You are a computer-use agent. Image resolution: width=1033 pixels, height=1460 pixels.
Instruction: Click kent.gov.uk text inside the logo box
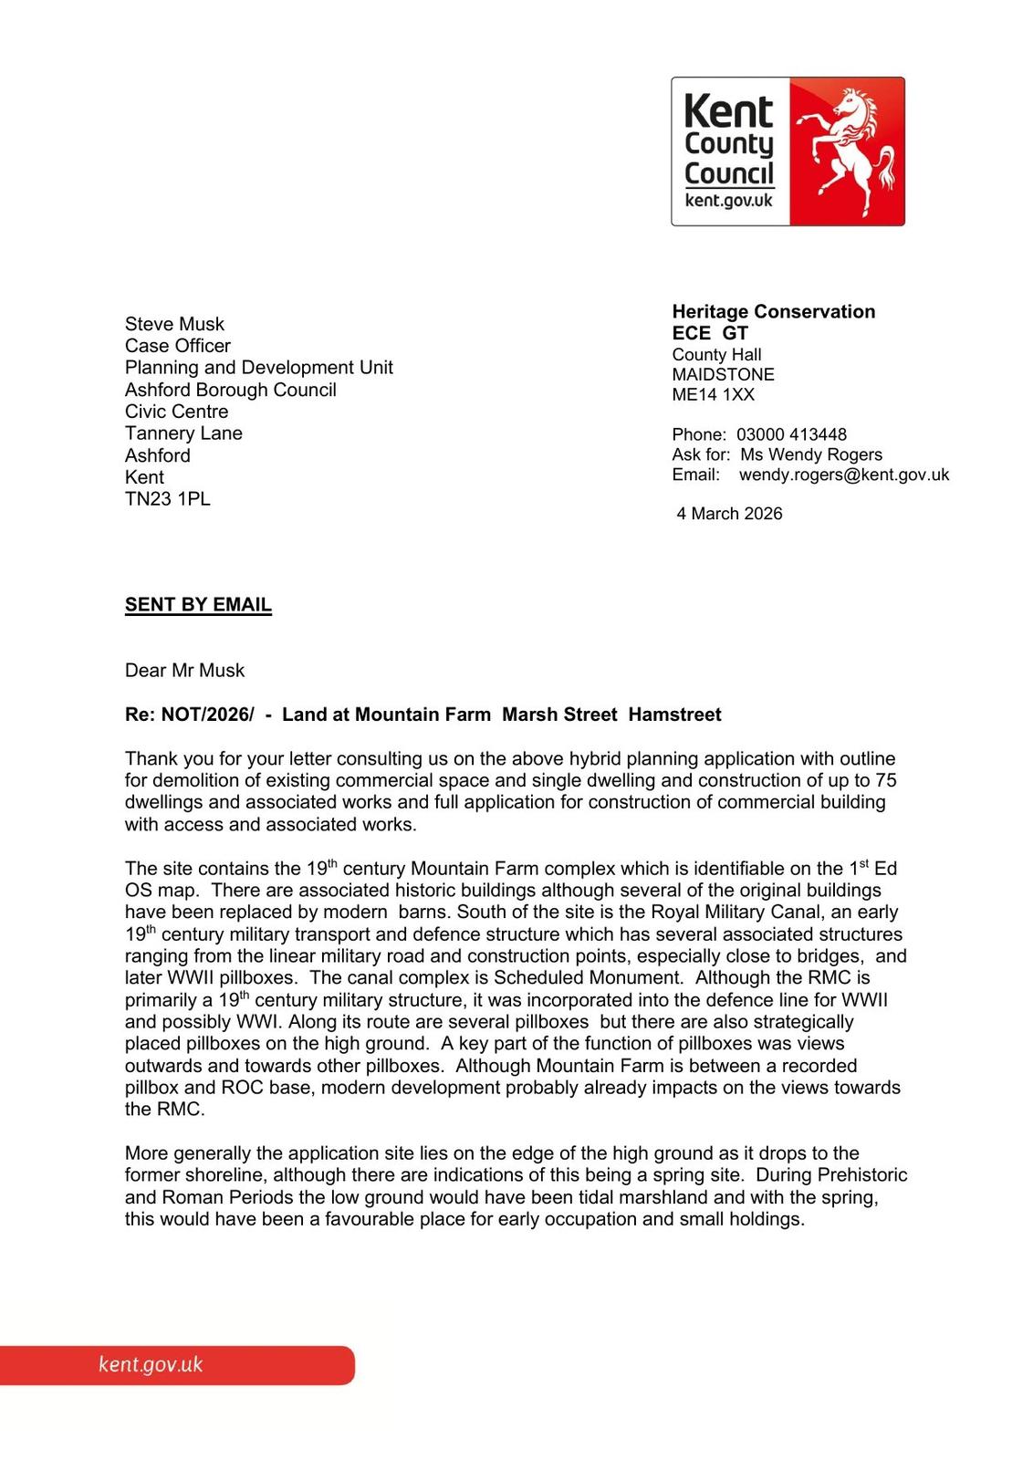click(728, 201)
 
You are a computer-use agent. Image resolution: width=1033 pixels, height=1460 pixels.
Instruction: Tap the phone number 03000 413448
click(791, 434)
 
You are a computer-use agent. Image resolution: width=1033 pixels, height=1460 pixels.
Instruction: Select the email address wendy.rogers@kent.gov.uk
click(844, 474)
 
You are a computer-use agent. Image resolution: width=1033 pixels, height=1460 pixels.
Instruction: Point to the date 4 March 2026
click(729, 514)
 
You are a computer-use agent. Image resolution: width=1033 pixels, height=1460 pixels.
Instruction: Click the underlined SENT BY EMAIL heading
click(198, 605)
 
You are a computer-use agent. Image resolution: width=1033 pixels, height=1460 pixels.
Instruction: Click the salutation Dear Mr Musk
click(184, 671)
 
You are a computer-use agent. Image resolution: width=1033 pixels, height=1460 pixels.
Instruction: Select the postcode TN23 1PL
click(167, 499)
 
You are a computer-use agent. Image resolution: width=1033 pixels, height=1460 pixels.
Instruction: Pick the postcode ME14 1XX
click(713, 395)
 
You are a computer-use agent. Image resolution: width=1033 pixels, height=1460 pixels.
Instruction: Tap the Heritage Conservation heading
click(773, 312)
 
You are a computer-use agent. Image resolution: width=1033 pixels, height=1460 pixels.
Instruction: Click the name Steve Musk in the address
click(174, 324)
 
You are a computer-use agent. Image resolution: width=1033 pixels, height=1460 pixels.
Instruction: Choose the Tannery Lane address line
click(183, 433)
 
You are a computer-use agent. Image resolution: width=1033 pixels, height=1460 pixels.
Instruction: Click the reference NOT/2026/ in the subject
click(208, 714)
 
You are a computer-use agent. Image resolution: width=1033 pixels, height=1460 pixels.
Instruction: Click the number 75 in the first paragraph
click(885, 780)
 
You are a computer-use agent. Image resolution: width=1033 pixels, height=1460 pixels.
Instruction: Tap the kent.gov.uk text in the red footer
click(151, 1365)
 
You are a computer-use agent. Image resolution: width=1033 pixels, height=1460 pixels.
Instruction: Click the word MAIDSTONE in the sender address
click(723, 375)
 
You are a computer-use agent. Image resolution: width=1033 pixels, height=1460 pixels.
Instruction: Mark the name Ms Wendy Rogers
click(811, 454)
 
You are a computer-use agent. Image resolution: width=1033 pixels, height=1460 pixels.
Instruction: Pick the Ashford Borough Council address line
click(230, 390)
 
